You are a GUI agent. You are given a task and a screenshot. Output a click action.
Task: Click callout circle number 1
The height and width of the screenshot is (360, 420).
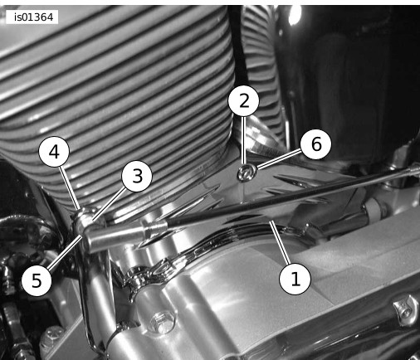295,279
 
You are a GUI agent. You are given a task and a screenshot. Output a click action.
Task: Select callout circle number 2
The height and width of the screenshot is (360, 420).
243,101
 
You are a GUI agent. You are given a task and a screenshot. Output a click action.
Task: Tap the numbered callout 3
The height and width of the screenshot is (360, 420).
137,176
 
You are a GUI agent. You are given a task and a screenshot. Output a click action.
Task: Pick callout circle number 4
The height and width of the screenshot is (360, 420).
54,152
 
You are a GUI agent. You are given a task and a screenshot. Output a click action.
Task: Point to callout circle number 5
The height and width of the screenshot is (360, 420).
37,280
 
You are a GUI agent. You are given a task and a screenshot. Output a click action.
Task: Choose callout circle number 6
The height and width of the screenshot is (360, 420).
316,144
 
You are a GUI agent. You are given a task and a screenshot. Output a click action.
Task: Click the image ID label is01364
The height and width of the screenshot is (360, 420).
32,17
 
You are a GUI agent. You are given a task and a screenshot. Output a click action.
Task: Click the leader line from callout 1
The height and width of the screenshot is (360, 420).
280,242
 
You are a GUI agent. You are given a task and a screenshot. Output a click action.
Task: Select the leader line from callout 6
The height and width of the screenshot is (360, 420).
279,159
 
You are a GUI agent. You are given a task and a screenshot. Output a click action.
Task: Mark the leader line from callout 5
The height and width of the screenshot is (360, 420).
66,252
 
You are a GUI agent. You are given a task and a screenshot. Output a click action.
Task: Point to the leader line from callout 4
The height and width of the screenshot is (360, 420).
70,187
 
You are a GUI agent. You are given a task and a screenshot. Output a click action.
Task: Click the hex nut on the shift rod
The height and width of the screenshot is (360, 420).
154,229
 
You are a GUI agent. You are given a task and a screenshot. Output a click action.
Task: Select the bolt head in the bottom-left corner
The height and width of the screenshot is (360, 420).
51,337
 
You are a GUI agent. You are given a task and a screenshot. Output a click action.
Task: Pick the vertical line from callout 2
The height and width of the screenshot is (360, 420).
243,140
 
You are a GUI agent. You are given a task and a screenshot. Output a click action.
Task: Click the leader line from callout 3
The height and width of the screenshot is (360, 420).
110,204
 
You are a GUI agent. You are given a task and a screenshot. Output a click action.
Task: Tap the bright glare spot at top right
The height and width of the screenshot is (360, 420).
294,14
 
